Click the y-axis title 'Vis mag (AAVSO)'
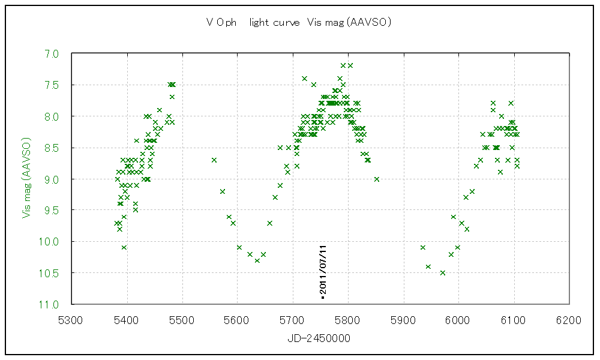[26, 179]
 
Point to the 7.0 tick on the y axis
[52, 54]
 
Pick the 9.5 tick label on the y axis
[52, 211]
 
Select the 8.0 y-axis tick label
[52, 116]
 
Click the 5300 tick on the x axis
[71, 320]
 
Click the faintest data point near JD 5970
[443, 273]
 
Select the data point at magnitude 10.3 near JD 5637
[257, 260]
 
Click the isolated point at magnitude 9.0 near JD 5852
[377, 179]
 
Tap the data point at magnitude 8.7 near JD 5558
[214, 160]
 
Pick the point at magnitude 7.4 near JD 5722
[305, 79]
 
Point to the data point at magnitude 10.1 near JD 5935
[423, 248]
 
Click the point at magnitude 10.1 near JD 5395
[124, 248]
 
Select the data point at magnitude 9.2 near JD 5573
[223, 191]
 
